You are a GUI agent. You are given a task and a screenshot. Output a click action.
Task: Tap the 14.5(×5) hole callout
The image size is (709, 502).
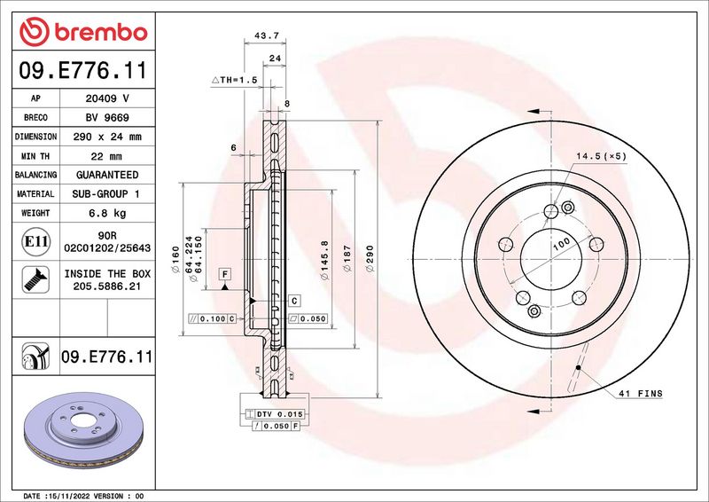pos(601,156)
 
